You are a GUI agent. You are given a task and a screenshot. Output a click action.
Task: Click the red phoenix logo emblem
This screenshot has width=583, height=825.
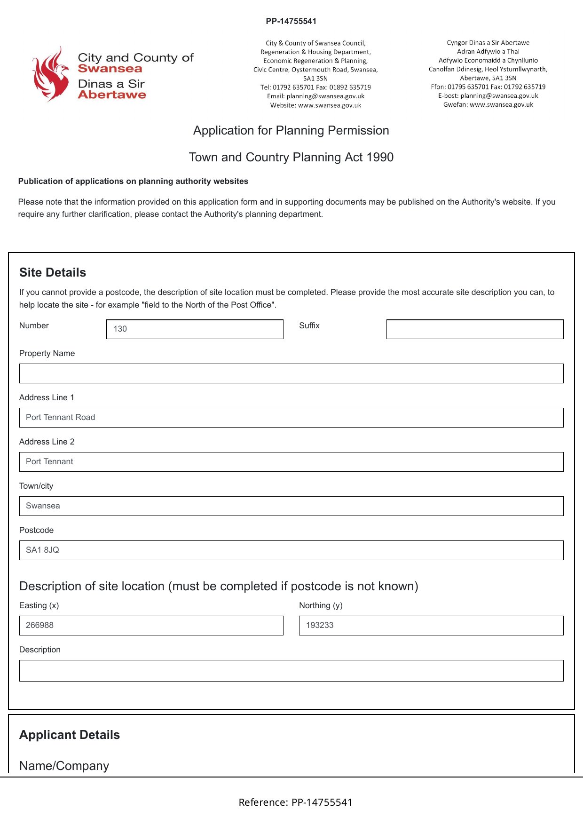(50, 74)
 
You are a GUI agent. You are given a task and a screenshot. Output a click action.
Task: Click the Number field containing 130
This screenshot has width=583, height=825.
(195, 329)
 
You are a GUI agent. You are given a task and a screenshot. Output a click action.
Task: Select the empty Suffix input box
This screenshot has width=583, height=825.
(474, 329)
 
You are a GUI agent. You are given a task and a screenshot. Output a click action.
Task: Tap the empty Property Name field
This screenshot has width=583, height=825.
(291, 373)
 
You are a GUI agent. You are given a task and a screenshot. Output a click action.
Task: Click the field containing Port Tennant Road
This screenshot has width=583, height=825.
(291, 418)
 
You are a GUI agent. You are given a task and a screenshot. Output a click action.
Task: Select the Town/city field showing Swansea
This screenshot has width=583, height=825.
(291, 506)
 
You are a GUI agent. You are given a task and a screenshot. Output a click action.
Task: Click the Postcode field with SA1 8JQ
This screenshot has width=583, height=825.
(291, 550)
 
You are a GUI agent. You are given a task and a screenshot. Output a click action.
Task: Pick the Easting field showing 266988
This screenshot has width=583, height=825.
(151, 626)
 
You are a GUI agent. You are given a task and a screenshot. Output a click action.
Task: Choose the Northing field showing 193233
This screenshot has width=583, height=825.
(431, 626)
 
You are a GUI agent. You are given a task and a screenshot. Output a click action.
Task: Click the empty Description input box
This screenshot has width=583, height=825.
(291, 671)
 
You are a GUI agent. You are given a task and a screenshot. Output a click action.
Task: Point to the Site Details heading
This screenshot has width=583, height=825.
(53, 273)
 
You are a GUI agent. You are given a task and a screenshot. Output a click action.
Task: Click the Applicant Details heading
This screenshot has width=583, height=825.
(70, 735)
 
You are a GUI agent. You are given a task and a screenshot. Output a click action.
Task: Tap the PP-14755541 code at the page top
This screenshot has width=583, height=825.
(291, 21)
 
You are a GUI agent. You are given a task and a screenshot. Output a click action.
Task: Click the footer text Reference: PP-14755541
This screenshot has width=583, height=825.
(295, 802)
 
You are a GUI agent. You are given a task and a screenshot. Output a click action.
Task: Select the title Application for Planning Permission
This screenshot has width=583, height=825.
(291, 131)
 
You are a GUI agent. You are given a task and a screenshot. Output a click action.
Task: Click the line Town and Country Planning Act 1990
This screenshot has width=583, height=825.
(291, 158)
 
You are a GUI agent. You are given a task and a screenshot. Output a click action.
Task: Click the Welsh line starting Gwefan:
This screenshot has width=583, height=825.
(488, 105)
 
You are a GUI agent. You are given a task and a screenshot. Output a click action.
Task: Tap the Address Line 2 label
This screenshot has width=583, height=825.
(47, 442)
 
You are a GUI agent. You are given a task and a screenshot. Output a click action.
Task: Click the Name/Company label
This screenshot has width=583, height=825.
(64, 766)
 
